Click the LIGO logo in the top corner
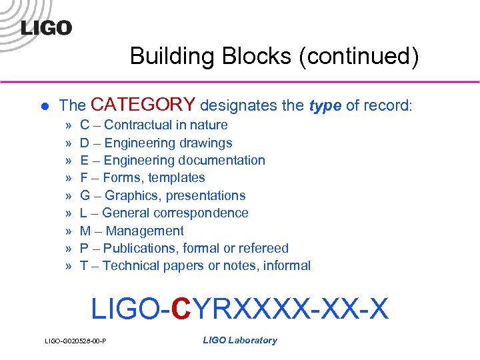[46, 27]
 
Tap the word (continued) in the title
[359, 56]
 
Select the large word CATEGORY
[143, 105]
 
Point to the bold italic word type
[326, 105]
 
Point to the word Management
[145, 231]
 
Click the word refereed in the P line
[265, 248]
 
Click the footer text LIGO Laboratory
[239, 340]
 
